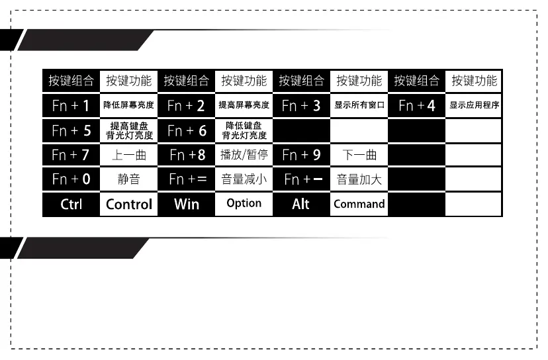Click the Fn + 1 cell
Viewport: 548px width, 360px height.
[71, 105]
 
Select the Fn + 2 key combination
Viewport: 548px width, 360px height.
[186, 105]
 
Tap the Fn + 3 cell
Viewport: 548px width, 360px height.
[301, 105]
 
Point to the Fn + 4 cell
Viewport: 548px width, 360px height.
[416, 105]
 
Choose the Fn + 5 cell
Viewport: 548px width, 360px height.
[71, 130]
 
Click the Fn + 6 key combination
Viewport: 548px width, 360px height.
[186, 130]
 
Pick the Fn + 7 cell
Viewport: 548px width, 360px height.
[71, 156]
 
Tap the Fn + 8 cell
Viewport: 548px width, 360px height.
[186, 156]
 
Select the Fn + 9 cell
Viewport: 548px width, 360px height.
[301, 156]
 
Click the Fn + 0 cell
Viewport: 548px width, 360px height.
[71, 179]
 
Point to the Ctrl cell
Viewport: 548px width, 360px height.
[71, 204]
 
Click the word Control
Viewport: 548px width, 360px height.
[129, 204]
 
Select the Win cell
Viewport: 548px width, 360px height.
[186, 204]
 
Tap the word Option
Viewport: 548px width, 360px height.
[244, 203]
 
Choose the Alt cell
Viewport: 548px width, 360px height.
[301, 204]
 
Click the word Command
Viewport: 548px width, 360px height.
[359, 204]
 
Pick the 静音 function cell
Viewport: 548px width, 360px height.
[129, 179]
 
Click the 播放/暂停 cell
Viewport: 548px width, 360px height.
[244, 156]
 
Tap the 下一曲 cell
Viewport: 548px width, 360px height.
[359, 156]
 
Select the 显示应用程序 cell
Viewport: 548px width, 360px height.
[474, 105]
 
